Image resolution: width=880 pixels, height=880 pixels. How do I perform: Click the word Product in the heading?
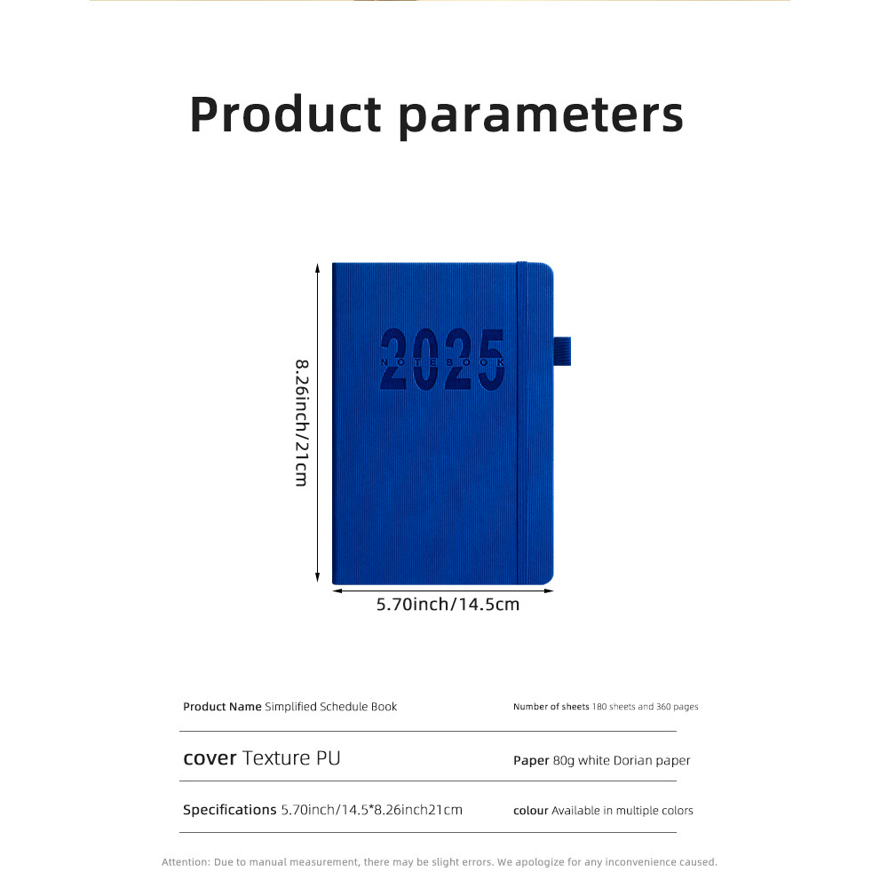(286, 115)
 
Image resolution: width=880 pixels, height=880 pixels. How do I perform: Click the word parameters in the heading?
(541, 117)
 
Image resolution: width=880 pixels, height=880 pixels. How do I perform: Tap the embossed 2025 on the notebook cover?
(442, 359)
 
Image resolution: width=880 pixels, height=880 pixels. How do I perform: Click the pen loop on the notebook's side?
(562, 352)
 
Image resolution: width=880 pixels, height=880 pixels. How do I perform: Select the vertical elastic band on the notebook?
(522, 424)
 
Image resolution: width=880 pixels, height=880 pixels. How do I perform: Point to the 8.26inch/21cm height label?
(302, 424)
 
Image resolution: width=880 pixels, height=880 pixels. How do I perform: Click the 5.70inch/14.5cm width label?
(448, 605)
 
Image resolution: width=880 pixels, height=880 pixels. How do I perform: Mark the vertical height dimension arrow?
(317, 423)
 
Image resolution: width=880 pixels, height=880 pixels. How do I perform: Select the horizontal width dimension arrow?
(443, 591)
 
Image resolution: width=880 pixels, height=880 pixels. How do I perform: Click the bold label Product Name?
(222, 707)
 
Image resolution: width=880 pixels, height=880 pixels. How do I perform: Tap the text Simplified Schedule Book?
(331, 707)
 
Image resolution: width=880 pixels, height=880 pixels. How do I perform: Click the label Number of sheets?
(551, 707)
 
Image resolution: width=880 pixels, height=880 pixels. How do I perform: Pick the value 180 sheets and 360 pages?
(646, 707)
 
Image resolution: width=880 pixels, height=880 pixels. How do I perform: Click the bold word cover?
(210, 758)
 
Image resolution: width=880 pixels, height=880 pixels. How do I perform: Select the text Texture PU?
(291, 758)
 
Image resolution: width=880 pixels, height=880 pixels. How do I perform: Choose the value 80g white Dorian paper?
(622, 760)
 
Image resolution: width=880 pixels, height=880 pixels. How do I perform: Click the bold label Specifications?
(229, 810)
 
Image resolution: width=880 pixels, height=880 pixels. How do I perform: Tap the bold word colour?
(530, 811)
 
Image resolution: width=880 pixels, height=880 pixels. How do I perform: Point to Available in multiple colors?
(622, 811)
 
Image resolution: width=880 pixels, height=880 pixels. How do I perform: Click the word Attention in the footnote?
(186, 862)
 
